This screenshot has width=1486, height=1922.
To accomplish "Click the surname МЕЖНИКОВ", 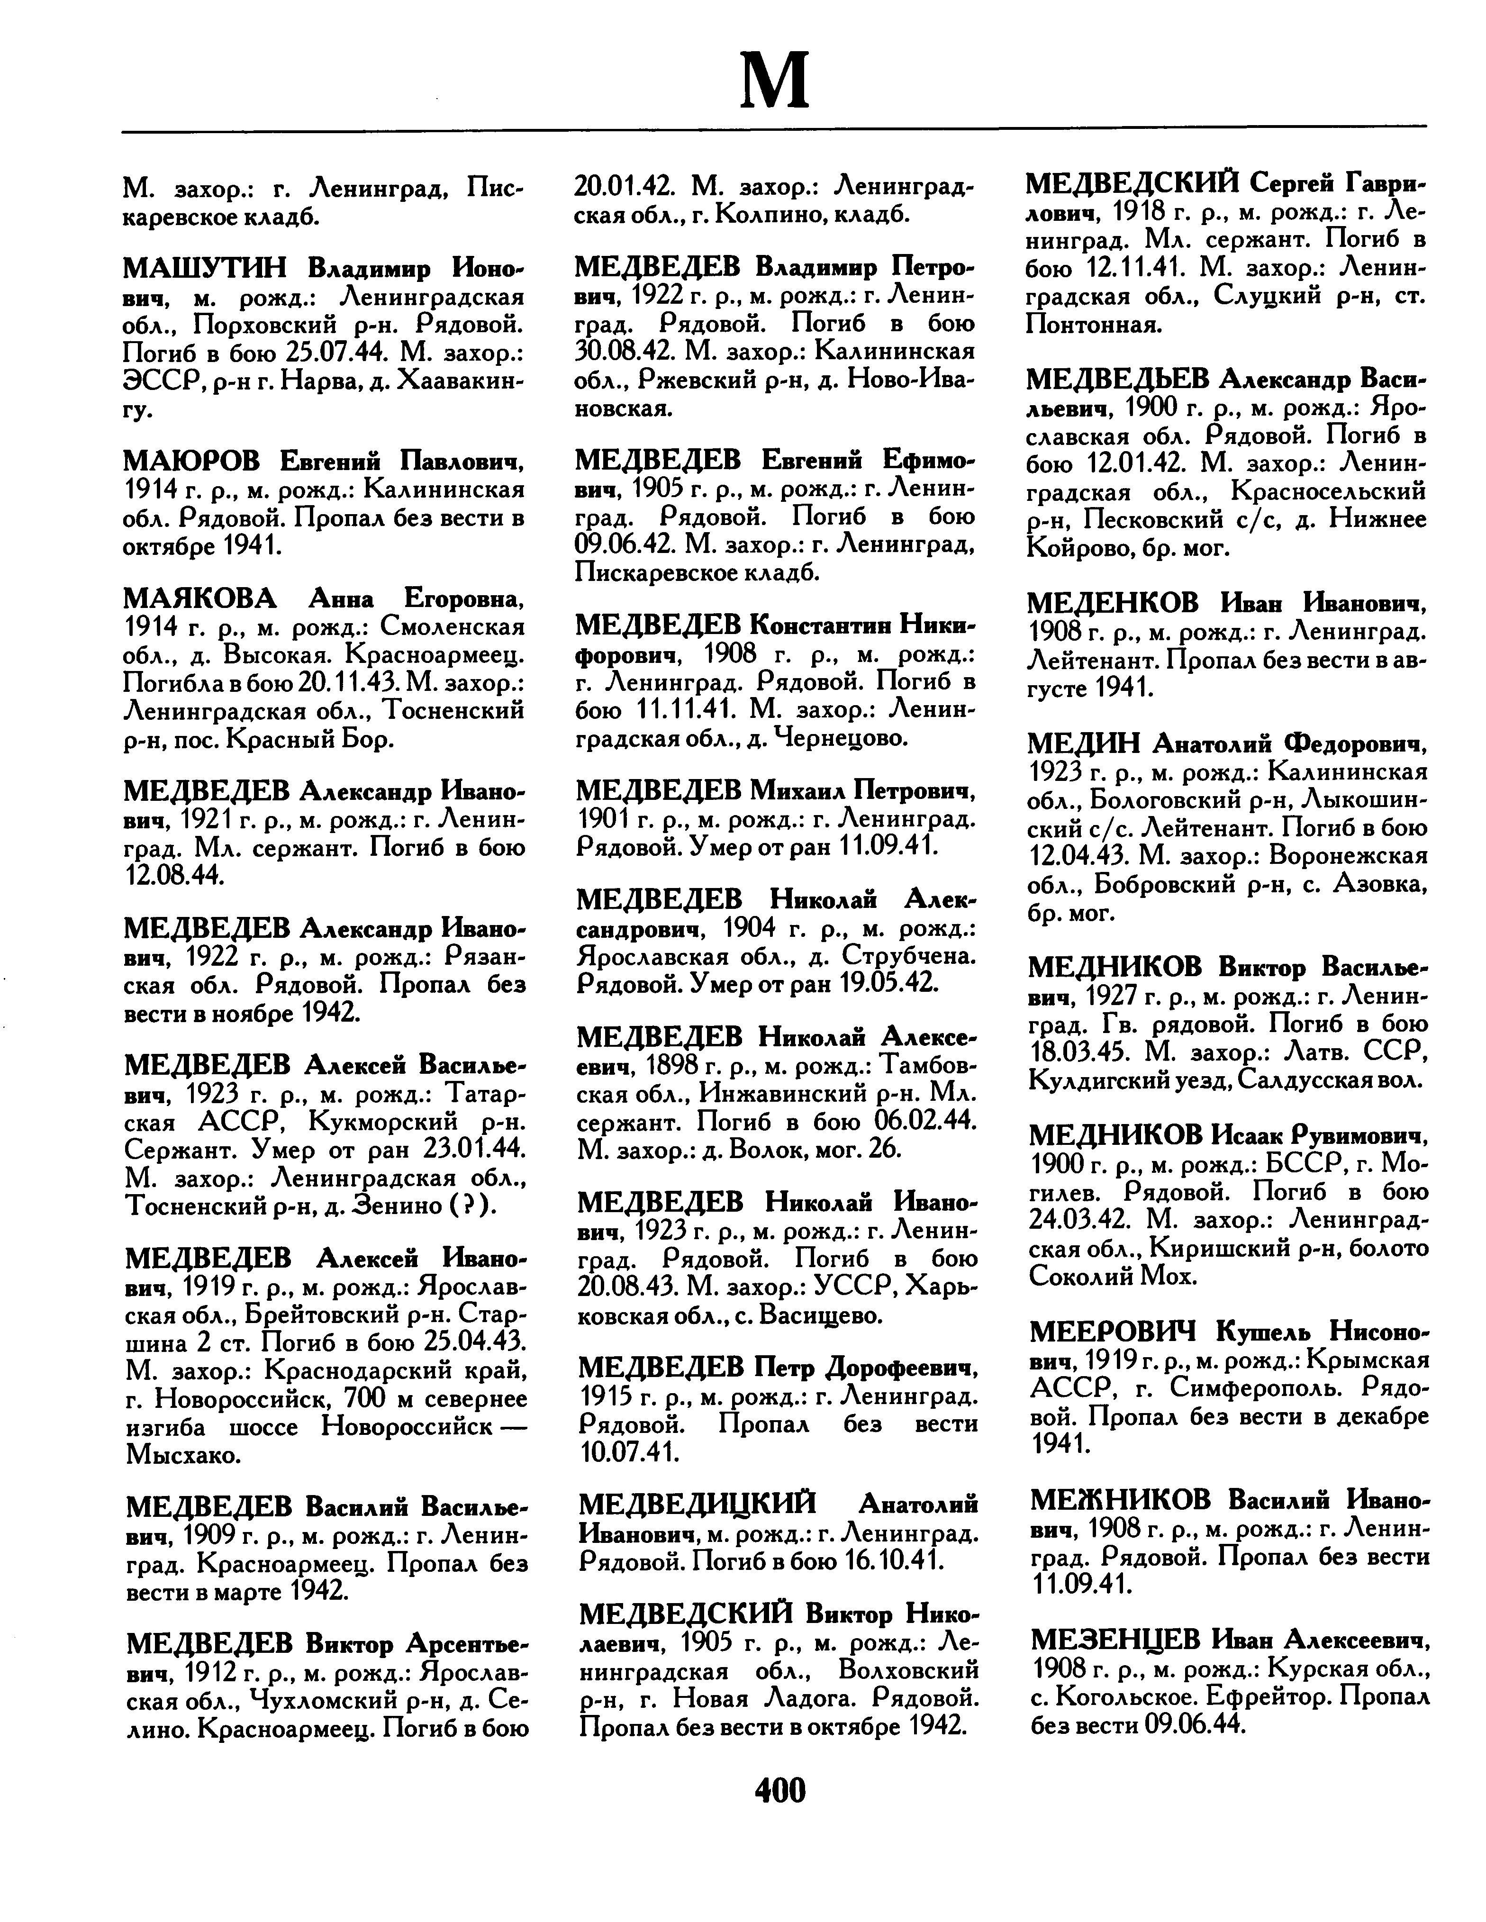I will pos(1122,1499).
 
